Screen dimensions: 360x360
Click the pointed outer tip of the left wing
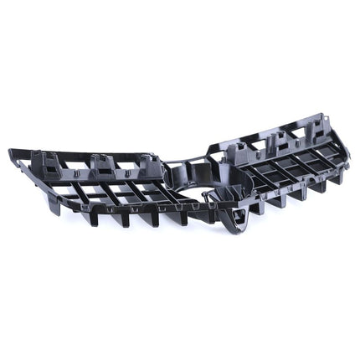12,153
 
